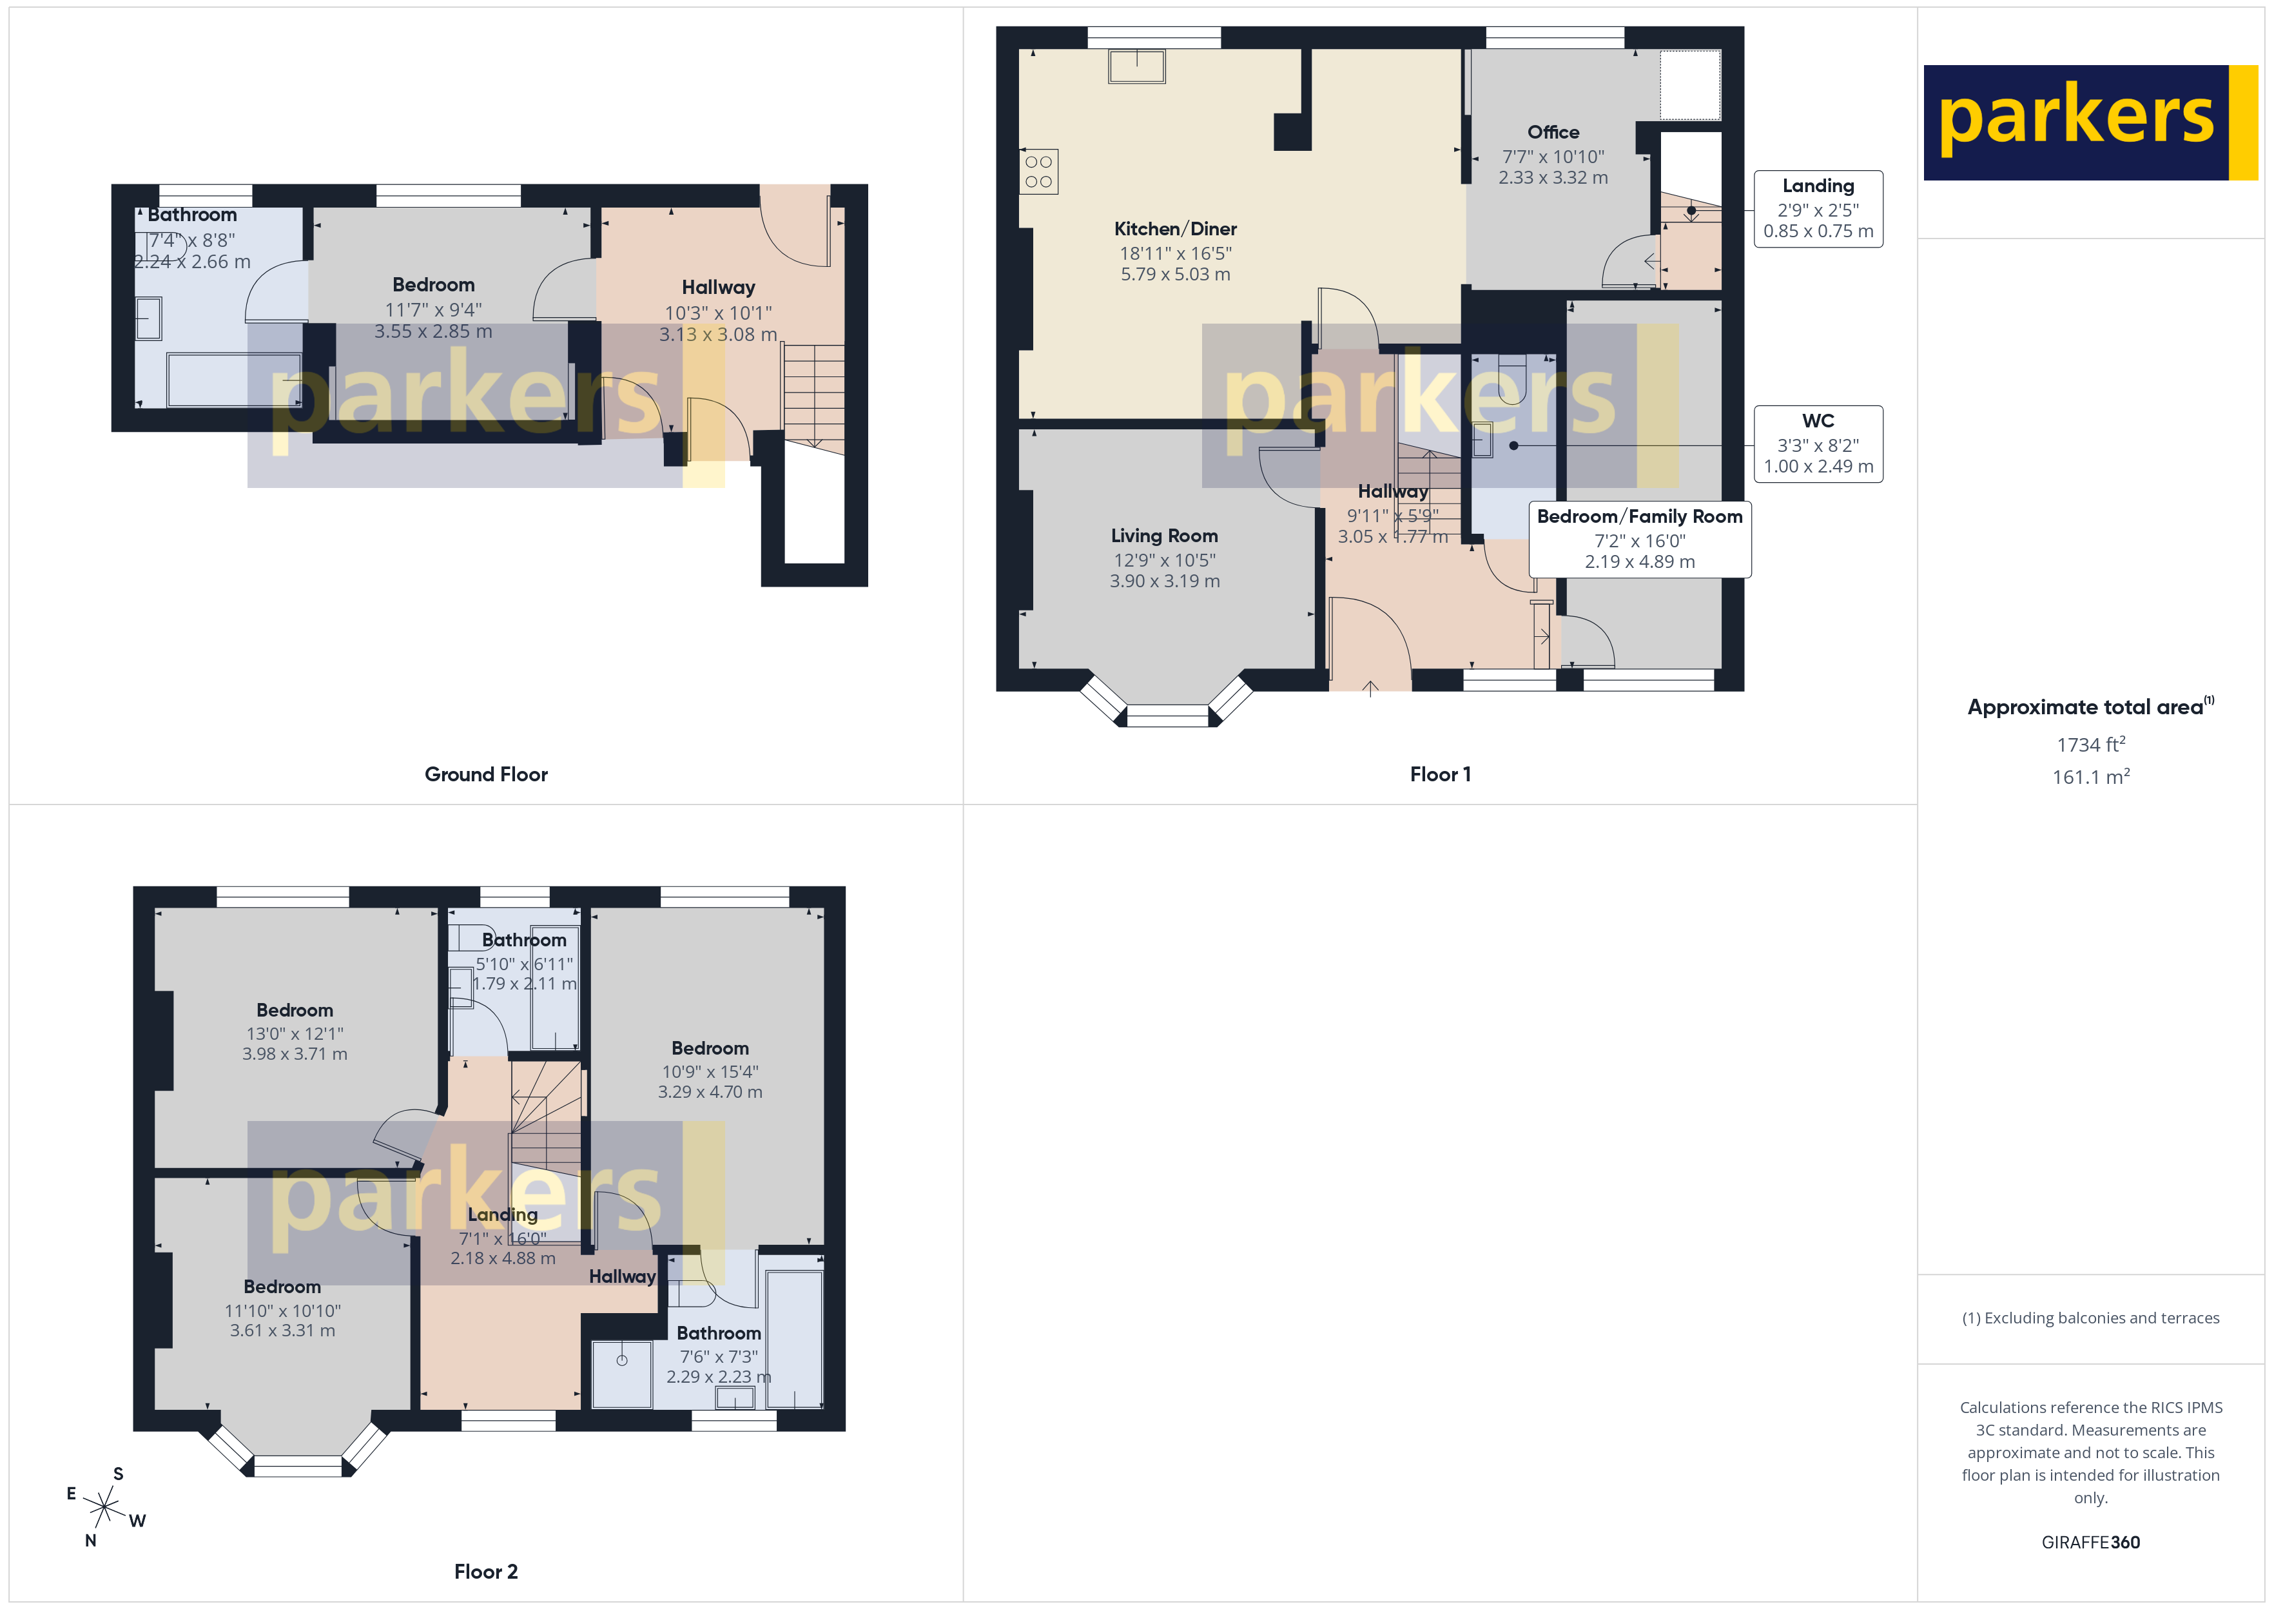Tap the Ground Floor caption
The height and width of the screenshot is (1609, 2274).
click(x=485, y=774)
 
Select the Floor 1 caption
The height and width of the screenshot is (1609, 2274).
click(x=1439, y=774)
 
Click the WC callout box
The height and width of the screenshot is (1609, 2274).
click(x=1818, y=444)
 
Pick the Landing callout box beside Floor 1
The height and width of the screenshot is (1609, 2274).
click(x=1818, y=209)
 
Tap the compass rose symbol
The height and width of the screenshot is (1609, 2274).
click(x=104, y=1507)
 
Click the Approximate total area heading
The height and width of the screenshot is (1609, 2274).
click(x=2088, y=707)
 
